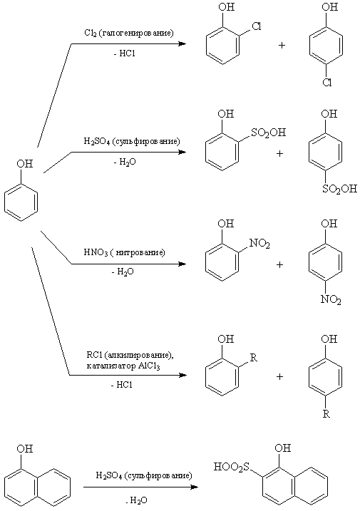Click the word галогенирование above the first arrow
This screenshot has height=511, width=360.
point(136,33)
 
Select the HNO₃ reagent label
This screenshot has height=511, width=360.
point(96,252)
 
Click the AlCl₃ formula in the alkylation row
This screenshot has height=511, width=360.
point(150,366)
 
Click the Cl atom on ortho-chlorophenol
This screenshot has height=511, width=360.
point(257,26)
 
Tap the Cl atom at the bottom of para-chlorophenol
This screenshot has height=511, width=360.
point(326,83)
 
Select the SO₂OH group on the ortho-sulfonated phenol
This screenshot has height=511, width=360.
point(268,133)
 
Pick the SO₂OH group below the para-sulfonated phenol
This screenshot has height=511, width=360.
point(339,189)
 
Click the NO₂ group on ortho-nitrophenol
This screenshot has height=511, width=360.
point(259,243)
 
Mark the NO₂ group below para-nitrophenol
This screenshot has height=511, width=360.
point(331,299)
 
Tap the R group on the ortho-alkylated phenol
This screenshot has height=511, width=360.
point(254,358)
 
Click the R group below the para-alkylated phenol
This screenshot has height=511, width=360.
point(326,414)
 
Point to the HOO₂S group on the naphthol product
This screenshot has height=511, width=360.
point(231,467)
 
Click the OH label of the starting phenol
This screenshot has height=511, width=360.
point(25,163)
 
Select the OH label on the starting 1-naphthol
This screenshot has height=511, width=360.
point(25,449)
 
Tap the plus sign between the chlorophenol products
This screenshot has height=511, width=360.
point(282,45)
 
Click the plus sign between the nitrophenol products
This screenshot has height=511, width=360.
point(279,264)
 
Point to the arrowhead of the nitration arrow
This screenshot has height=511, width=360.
point(182,264)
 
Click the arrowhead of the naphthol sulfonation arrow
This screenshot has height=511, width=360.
point(195,487)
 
